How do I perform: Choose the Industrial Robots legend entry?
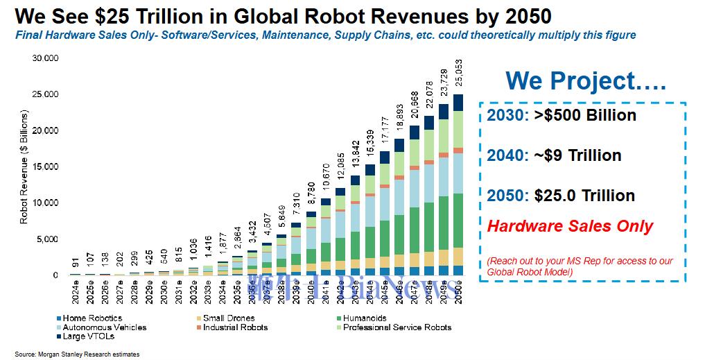[232, 327]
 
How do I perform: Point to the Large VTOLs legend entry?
[84, 336]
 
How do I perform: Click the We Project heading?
[585, 82]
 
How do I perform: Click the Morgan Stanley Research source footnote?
[77, 354]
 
